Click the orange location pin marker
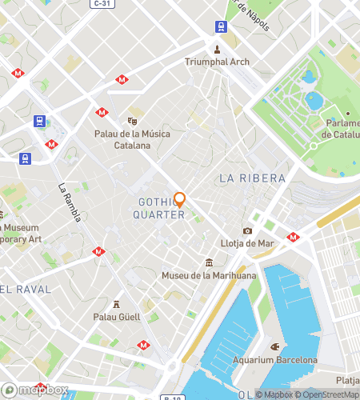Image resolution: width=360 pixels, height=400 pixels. tap(180, 200)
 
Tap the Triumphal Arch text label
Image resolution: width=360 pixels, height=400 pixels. tap(217, 62)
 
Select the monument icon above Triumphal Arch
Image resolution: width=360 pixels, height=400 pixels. tap(217, 49)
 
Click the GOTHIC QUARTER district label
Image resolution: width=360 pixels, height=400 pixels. tap(158, 209)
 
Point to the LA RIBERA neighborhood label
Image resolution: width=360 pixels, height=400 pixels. tap(251, 177)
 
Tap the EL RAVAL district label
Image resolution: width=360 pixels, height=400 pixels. tap(26, 288)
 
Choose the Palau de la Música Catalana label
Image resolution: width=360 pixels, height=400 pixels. tap(133, 140)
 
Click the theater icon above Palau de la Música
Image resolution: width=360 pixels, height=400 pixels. tap(133, 121)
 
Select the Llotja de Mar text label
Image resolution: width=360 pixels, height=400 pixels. tap(248, 243)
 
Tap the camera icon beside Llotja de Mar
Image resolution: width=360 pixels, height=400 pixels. tap(248, 231)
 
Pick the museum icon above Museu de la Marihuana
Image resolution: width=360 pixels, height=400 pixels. tap(208, 263)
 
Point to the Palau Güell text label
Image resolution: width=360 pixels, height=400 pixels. tap(118, 317)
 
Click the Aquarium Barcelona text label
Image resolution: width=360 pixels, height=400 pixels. tap(274, 360)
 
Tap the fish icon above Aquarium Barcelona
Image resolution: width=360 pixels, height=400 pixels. tap(274, 347)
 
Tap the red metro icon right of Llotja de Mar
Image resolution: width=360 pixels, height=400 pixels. tap(293, 237)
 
